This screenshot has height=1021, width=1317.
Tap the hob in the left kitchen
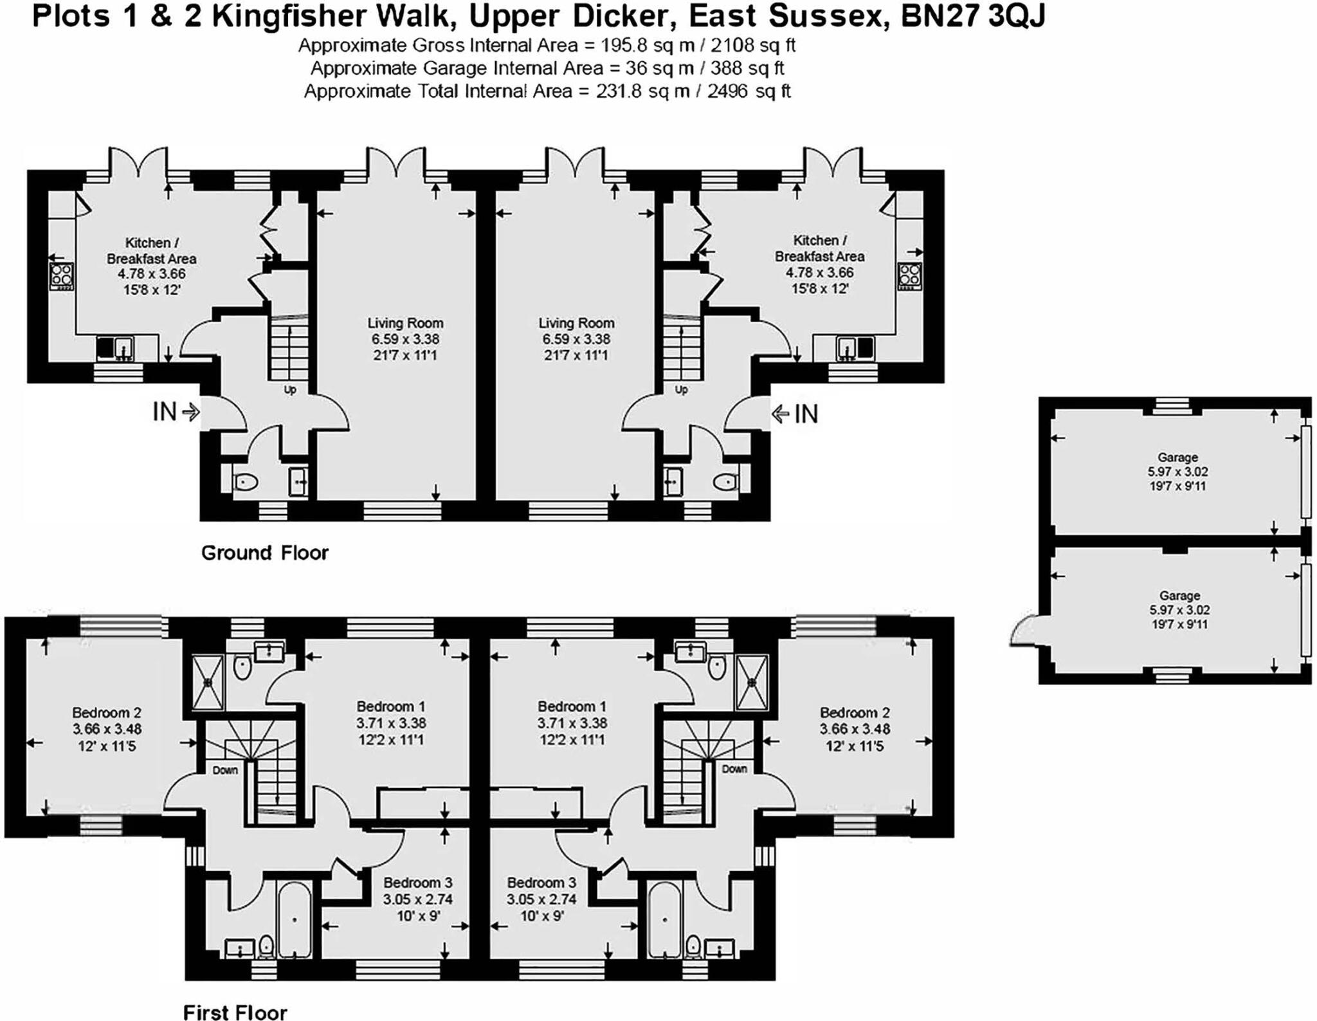pyautogui.click(x=62, y=277)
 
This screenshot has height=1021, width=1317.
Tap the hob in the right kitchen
pyautogui.click(x=910, y=276)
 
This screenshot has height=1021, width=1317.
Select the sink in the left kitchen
pyautogui.click(x=116, y=348)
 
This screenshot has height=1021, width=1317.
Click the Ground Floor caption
pyautogui.click(x=264, y=553)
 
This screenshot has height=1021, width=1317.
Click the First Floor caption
pyautogui.click(x=235, y=1012)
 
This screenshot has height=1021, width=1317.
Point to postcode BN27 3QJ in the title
pyautogui.click(x=972, y=17)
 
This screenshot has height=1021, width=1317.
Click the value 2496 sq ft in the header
pyautogui.click(x=749, y=91)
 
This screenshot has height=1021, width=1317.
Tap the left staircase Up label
pyautogui.click(x=290, y=390)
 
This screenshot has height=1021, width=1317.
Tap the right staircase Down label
pyautogui.click(x=734, y=769)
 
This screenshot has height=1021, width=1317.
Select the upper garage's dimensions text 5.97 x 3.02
pyautogui.click(x=1178, y=472)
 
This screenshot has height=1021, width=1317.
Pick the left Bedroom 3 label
pyautogui.click(x=417, y=883)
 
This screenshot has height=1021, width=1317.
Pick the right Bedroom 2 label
pyautogui.click(x=854, y=713)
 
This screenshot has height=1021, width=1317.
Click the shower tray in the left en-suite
pyautogui.click(x=208, y=683)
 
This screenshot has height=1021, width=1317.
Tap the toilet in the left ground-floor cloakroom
pyautogui.click(x=245, y=481)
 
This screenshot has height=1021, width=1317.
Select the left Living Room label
pyautogui.click(x=405, y=323)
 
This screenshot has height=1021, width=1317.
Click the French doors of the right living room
pyautogui.click(x=576, y=161)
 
